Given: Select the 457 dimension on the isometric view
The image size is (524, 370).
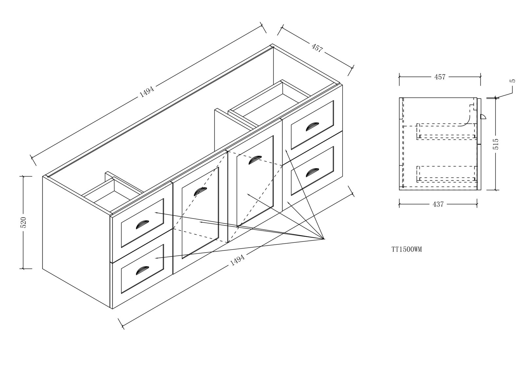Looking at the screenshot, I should pyautogui.click(x=317, y=48).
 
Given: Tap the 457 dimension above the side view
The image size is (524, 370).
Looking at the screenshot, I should pyautogui.click(x=440, y=77).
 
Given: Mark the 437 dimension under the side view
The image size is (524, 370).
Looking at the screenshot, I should pyautogui.click(x=438, y=204).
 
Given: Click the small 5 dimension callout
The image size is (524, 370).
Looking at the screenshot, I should pyautogui.click(x=513, y=80).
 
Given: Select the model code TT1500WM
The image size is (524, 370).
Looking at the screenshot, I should pyautogui.click(x=406, y=250).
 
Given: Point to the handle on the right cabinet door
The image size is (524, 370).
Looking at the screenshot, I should pyautogui.click(x=255, y=160).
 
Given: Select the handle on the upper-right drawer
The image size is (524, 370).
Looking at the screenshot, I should pyautogui.click(x=311, y=126).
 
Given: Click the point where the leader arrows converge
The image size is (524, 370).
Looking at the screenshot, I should pyautogui.click(x=324, y=239).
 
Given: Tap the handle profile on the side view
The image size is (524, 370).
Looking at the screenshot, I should pyautogui.click(x=482, y=116).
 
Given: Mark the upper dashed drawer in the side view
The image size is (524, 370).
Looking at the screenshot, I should pyautogui.click(x=446, y=132).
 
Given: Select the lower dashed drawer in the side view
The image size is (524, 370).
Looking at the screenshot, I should pyautogui.click(x=446, y=174).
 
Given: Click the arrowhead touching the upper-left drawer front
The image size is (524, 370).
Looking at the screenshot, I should pyautogui.click(x=156, y=213).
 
